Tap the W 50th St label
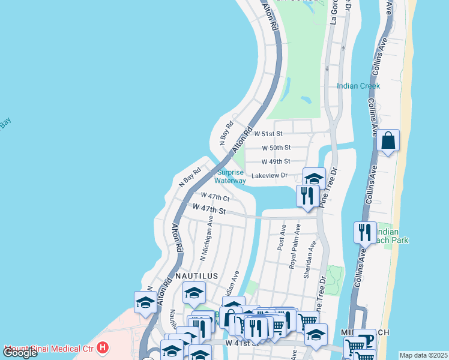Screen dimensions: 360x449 click(x=276, y=148)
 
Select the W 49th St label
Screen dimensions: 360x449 click(x=276, y=161)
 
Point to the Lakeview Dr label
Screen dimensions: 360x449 click(x=270, y=176)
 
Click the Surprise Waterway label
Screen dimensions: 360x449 click(x=231, y=176)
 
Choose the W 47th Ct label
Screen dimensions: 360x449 click(x=215, y=196)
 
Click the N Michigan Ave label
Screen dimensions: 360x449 click(x=206, y=238)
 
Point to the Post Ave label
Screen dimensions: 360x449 click(x=281, y=238)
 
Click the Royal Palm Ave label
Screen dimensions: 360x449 click(x=294, y=247)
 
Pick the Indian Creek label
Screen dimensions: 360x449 click(x=358, y=86)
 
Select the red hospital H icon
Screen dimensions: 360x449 click(x=103, y=347)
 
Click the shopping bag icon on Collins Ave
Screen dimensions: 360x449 click(x=388, y=142)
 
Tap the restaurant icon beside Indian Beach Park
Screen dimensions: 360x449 click(x=365, y=231)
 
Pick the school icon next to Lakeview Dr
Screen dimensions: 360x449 click(x=314, y=178)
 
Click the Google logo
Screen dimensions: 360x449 click(x=20, y=353)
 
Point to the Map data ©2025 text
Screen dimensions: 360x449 click(x=423, y=355)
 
